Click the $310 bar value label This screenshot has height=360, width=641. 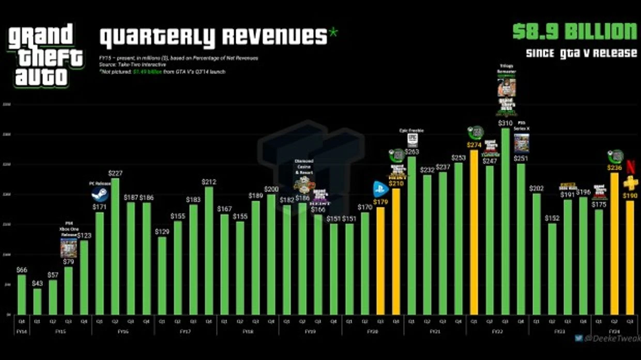pyautogui.click(x=506, y=123)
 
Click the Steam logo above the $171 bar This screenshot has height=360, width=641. pyautogui.click(x=100, y=194)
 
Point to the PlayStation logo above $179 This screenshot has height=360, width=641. pyautogui.click(x=381, y=189)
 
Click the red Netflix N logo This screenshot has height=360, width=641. pyautogui.click(x=630, y=167)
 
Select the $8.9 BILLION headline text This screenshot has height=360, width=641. pyautogui.click(x=574, y=32)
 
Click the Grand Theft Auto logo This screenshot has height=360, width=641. pyautogui.click(x=45, y=55)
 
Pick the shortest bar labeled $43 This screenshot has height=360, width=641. pyautogui.click(x=37, y=301)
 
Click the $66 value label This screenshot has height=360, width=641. pyautogui.click(x=22, y=269)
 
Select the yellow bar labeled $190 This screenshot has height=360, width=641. pyautogui.click(x=630, y=257)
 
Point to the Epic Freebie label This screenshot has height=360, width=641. pyautogui.click(x=412, y=130)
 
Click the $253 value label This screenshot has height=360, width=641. pyautogui.click(x=458, y=158)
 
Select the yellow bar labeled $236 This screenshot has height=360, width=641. pyautogui.click(x=614, y=243)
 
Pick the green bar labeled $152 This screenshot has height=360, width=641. pyautogui.click(x=552, y=268)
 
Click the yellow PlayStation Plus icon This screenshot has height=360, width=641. pyautogui.click(x=630, y=183)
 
